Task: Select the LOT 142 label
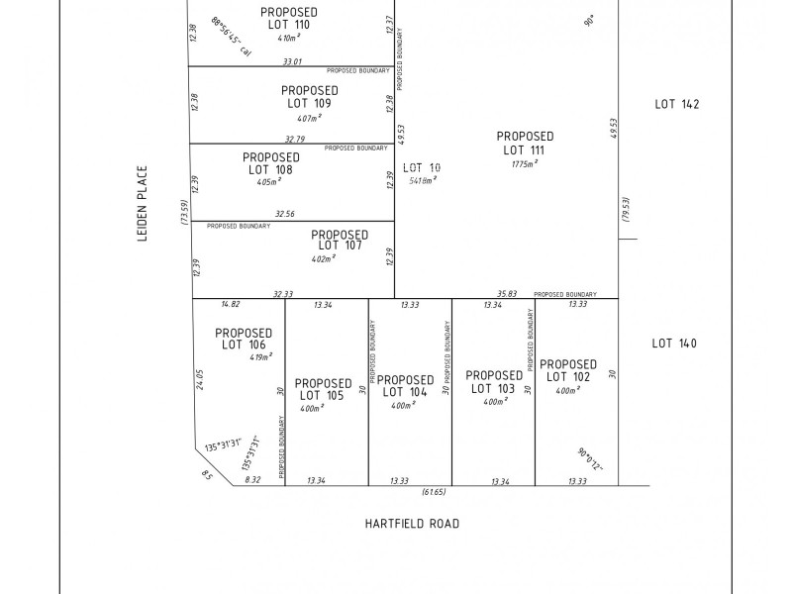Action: click(677, 103)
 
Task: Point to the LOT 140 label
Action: click(674, 344)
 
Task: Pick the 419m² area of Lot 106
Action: click(261, 356)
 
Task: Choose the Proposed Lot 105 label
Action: click(323, 389)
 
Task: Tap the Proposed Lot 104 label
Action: click(406, 386)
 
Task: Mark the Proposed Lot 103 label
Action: click(493, 382)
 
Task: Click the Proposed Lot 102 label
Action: click(568, 370)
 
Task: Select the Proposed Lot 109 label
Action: click(309, 96)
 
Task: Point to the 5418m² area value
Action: click(424, 181)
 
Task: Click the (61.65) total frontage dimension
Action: click(435, 492)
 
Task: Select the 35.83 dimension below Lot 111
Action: click(507, 293)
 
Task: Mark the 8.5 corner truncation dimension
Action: click(207, 475)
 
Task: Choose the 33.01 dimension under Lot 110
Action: click(292, 61)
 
